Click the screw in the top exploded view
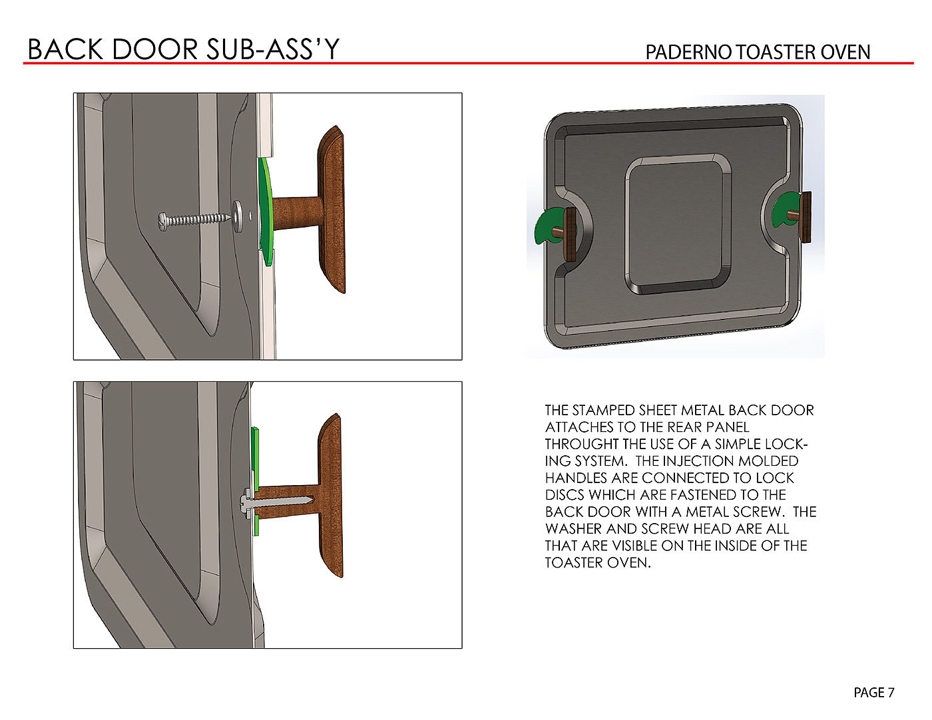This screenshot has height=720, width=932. click(x=194, y=220)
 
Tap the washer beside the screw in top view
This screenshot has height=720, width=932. click(x=238, y=216)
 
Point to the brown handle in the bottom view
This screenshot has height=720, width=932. click(x=330, y=496)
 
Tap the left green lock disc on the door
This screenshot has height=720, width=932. click(x=547, y=226)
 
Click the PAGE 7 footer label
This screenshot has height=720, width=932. click(x=874, y=693)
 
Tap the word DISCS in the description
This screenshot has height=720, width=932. click(x=565, y=494)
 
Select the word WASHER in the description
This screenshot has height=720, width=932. click(x=573, y=528)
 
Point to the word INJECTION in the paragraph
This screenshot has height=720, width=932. click(x=708, y=460)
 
